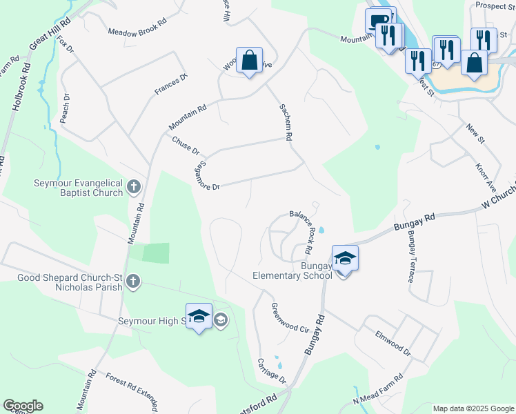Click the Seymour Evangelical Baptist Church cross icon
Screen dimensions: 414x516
tap(134, 186)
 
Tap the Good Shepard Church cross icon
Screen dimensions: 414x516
tap(132, 282)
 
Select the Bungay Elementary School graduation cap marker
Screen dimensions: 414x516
tap(345, 259)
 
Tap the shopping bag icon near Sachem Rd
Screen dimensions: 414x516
tap(249, 60)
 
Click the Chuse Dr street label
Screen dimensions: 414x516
tap(186, 146)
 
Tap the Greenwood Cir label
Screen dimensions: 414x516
tap(289, 317)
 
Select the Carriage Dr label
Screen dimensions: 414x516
tap(271, 371)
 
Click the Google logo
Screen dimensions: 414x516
tap(23, 406)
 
